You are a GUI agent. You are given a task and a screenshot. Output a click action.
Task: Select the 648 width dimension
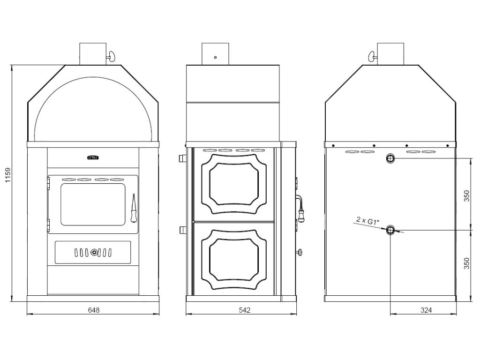click(94, 310)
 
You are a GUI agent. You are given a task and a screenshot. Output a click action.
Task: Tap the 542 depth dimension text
click(244, 310)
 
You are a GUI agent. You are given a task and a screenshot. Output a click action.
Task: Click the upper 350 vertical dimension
click(466, 195)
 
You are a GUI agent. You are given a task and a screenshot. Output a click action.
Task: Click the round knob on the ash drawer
click(94, 253)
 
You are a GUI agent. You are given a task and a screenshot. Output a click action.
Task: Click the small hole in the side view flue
click(215, 57)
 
